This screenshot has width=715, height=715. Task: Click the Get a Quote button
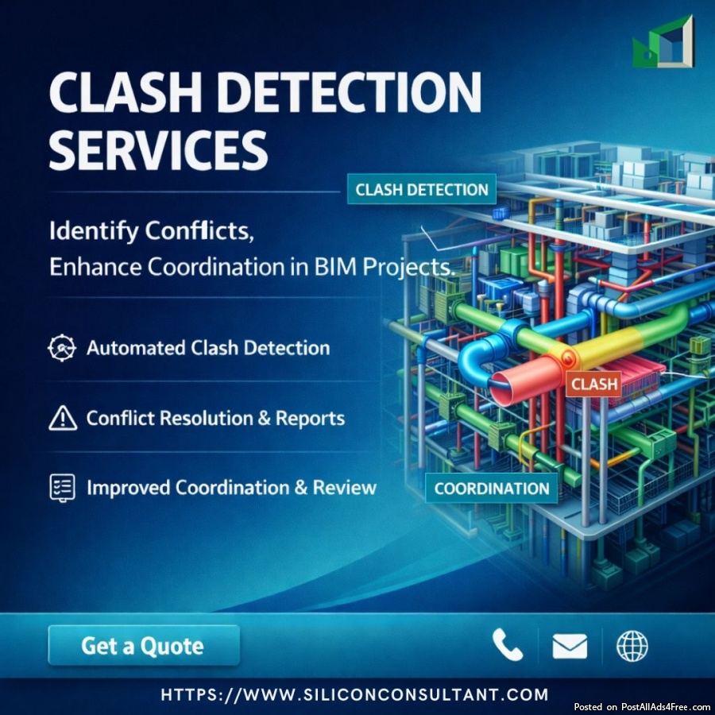[143, 645]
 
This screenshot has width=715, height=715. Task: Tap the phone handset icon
[507, 645]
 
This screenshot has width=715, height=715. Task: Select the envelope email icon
[570, 646]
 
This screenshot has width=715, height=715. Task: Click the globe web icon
[632, 645]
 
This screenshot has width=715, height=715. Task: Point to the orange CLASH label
[593, 385]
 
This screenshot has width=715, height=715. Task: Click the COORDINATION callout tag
[492, 488]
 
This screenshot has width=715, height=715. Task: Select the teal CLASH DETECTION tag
[422, 190]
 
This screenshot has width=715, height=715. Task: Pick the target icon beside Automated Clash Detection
[62, 348]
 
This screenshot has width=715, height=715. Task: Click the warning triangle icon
[62, 418]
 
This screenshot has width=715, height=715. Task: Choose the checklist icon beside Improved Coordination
[62, 487]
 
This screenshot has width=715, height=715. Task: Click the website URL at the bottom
[354, 694]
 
